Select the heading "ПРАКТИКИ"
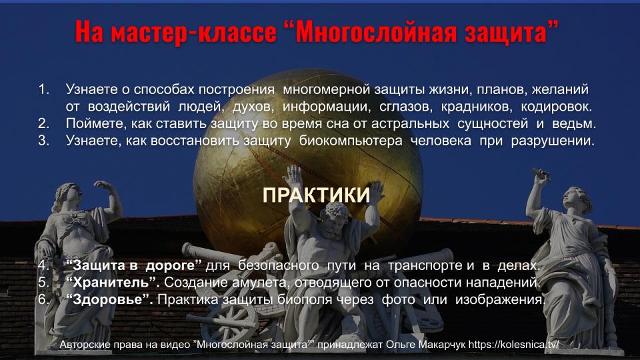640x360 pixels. click(x=316, y=195)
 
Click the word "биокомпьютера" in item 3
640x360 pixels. click(x=351, y=141)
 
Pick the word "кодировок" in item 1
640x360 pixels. click(x=556, y=107)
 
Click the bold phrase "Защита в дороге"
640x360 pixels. click(x=133, y=265)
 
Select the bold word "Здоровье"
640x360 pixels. click(x=109, y=299)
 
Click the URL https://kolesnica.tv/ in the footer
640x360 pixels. click(x=513, y=345)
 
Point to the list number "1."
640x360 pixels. click(x=44, y=89)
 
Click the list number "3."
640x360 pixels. click(x=44, y=141)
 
